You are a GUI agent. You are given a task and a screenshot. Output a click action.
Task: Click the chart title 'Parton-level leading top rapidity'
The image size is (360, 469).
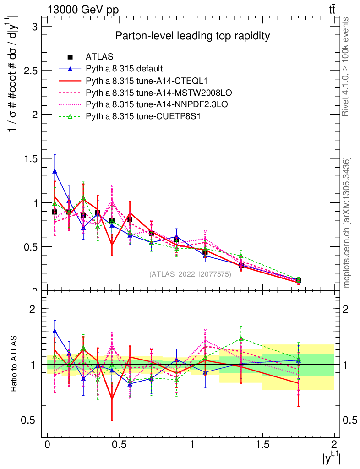(x=192, y=36)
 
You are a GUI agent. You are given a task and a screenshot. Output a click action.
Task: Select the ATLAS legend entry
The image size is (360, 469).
(x=99, y=57)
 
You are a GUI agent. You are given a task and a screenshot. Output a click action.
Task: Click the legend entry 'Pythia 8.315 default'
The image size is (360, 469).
(x=124, y=69)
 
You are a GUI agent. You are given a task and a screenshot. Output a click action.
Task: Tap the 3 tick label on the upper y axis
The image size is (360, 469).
(x=34, y=27)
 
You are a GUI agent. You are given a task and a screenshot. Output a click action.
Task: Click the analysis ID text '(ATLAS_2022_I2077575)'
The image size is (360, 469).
(x=190, y=274)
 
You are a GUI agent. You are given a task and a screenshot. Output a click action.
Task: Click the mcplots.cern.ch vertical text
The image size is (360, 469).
(x=347, y=222)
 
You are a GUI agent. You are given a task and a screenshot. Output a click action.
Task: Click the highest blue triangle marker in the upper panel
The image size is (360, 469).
(x=55, y=171)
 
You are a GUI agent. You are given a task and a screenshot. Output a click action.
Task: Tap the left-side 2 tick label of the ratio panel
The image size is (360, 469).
(x=33, y=310)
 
